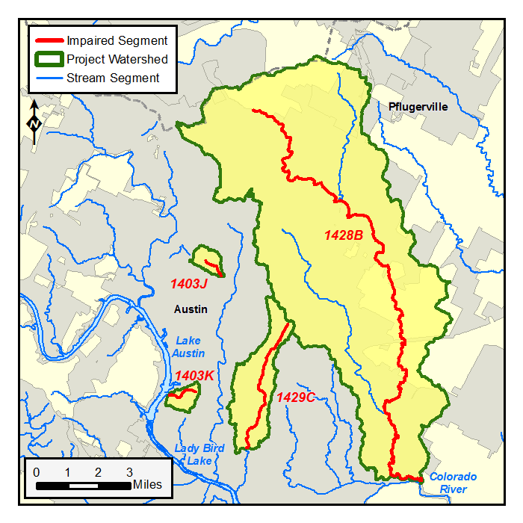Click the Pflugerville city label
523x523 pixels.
coord(418,107)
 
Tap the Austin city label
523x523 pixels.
coord(190,309)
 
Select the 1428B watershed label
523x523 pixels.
coord(343,235)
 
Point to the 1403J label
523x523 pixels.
coord(188,284)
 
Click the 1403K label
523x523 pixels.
coord(194,376)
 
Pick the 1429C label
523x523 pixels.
coord(296,397)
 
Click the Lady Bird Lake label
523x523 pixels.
coord(199,454)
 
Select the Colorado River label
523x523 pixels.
coord(452,483)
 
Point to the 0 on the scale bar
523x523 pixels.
coord(37,472)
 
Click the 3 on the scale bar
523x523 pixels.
coord(129,472)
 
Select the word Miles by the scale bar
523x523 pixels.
coord(147,485)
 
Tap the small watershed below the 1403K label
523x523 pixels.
coord(183,397)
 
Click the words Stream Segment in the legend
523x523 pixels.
coord(112,78)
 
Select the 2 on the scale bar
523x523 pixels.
coord(98,472)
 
